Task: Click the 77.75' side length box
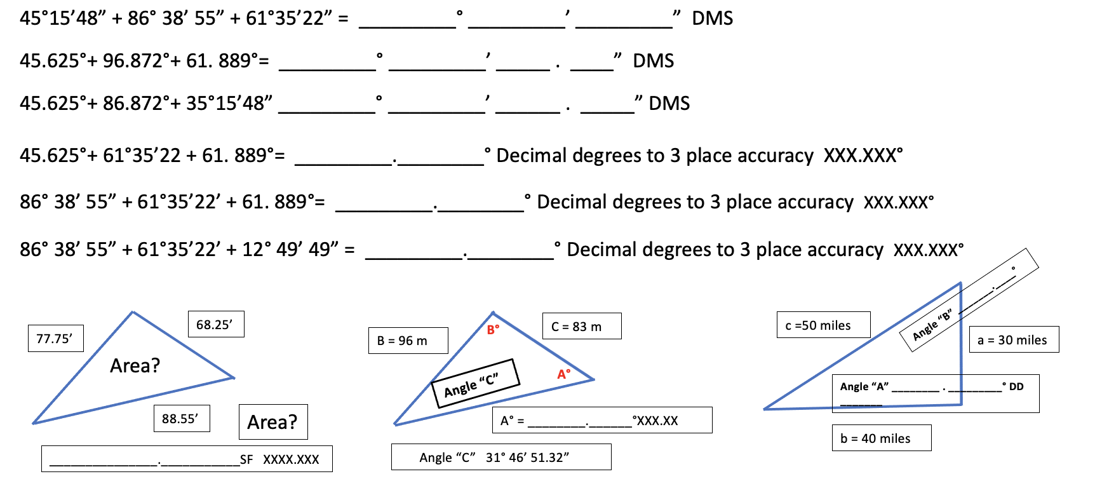click(55, 339)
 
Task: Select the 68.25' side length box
click(215, 325)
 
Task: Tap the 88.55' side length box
click(181, 419)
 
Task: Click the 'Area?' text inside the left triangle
click(135, 366)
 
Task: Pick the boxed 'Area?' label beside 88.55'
click(272, 422)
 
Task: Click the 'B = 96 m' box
click(408, 341)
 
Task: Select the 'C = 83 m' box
click(581, 327)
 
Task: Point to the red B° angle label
click(493, 330)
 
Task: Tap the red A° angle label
click(563, 374)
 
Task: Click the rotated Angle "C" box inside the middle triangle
click(475, 384)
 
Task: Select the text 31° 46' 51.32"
click(527, 457)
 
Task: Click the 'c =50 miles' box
click(823, 325)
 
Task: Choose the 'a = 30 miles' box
click(1013, 340)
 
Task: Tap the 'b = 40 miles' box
click(881, 438)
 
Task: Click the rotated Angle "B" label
click(932, 326)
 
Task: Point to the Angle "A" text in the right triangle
click(864, 386)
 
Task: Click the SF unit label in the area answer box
click(246, 459)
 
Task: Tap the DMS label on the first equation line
click(712, 18)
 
